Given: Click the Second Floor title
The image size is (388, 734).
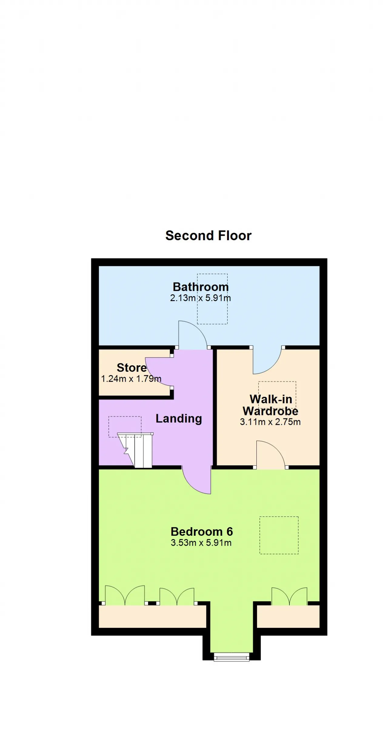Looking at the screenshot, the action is [x=208, y=236].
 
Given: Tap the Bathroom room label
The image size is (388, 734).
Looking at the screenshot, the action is [x=201, y=287].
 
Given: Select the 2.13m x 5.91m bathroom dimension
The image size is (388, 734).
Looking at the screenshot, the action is [x=200, y=298].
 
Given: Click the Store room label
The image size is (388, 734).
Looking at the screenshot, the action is [x=132, y=368].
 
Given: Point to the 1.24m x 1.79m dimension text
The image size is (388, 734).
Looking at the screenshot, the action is [x=131, y=379].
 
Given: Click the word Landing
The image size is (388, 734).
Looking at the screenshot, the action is [x=179, y=419].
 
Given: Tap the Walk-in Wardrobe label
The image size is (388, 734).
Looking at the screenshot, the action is [x=270, y=405].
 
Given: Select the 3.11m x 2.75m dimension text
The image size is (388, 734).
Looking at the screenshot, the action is [x=270, y=422].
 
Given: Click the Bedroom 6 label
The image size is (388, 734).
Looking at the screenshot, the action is [x=202, y=531].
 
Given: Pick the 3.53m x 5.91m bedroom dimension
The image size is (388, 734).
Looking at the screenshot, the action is [x=201, y=542].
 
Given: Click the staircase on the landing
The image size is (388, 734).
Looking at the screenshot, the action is [x=135, y=450].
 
